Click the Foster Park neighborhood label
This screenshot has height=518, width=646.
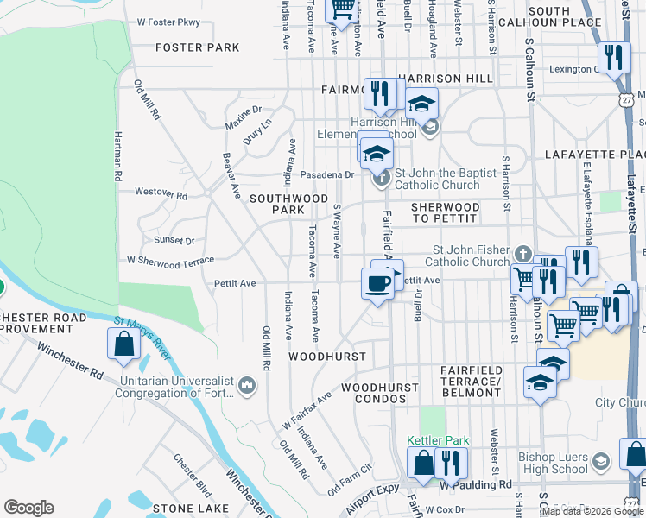tap(197, 47)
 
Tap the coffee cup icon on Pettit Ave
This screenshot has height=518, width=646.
tap(377, 283)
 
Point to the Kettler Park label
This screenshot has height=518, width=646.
tap(438, 440)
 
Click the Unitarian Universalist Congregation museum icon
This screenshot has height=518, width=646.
tap(247, 383)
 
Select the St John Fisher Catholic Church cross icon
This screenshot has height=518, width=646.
tap(522, 254)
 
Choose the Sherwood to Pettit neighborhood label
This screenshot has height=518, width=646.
tap(445, 212)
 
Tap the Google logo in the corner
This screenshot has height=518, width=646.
tap(28, 508)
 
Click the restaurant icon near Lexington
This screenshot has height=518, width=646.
tap(612, 58)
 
